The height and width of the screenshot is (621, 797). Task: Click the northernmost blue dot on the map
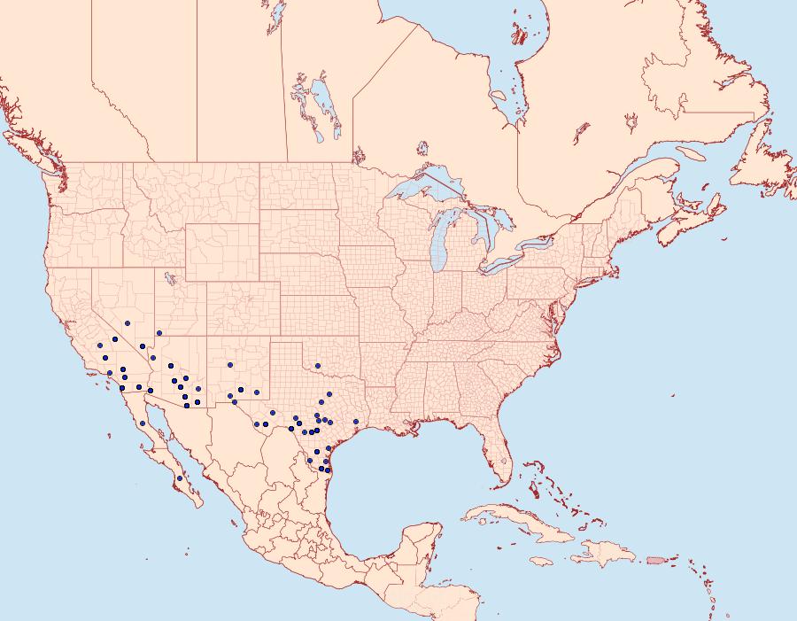point(128,323)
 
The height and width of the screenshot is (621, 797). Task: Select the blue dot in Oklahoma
point(317,366)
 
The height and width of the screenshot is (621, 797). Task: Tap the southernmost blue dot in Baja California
point(180,478)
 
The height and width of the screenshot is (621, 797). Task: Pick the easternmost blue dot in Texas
point(356,422)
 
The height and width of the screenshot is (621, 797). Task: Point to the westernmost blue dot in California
point(100,345)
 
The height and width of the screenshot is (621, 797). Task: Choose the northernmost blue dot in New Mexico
point(229,364)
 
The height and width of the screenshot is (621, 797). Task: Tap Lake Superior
point(425,189)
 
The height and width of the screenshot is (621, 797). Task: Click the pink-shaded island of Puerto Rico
point(656,559)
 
